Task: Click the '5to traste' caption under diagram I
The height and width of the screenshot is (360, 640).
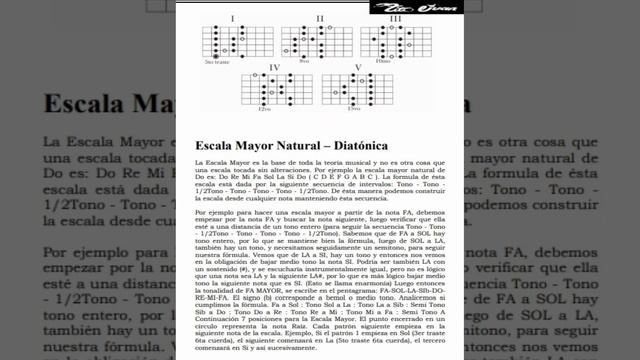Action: click(217, 62)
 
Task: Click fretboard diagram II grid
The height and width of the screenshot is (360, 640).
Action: click(317, 41)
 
